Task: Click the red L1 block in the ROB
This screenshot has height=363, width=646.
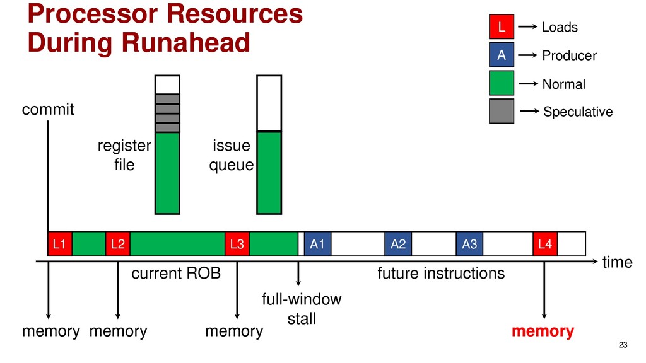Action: (x=60, y=244)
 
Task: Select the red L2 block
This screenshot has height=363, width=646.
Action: (x=117, y=244)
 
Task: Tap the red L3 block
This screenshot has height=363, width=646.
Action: (x=237, y=244)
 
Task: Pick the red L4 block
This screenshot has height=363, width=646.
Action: (x=546, y=244)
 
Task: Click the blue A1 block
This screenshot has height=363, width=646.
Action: (x=317, y=244)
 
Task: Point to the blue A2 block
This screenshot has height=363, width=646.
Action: (x=398, y=244)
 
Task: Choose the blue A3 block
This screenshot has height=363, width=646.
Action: (x=469, y=244)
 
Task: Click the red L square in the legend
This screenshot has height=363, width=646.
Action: (x=502, y=27)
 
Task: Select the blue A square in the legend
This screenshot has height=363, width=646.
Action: (x=502, y=55)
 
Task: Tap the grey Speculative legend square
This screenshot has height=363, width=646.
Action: (x=502, y=111)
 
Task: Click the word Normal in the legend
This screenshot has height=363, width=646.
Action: (x=563, y=84)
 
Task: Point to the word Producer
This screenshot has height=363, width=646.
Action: (x=569, y=56)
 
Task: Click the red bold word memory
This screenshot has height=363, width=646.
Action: (x=543, y=331)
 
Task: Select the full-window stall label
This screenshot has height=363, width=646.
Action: (x=302, y=309)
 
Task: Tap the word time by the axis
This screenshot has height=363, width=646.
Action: (x=617, y=263)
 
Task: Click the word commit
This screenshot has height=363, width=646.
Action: (x=48, y=110)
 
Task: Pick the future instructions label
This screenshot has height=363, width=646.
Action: (x=441, y=274)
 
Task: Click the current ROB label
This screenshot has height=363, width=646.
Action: (x=175, y=274)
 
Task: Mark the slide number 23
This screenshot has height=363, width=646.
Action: (x=623, y=344)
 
